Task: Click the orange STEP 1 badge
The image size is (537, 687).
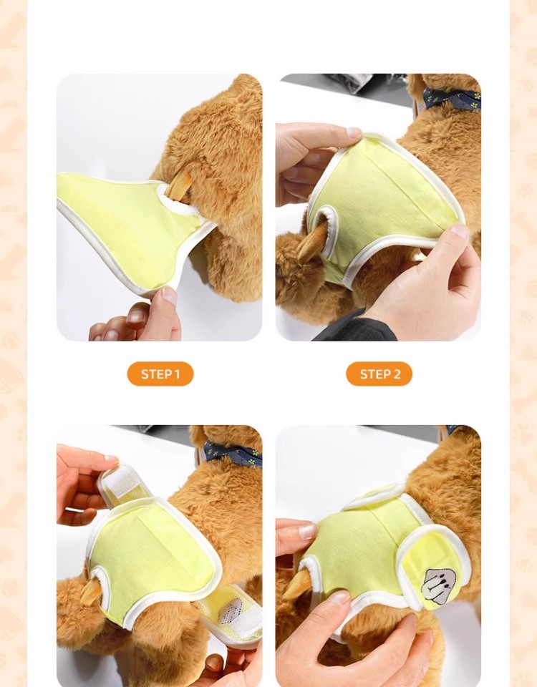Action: point(160,374)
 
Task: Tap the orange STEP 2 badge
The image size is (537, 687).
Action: point(379,374)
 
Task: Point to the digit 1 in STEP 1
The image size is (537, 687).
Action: point(177,374)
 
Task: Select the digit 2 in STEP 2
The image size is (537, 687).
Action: point(397,374)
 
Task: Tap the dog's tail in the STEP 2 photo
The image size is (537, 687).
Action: point(312,242)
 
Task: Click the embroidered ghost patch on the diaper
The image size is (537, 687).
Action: point(437,586)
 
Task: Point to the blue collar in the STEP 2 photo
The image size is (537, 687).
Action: point(452,99)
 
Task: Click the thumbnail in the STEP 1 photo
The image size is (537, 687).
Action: point(168,296)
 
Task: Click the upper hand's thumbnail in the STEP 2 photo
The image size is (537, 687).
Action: point(354,132)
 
